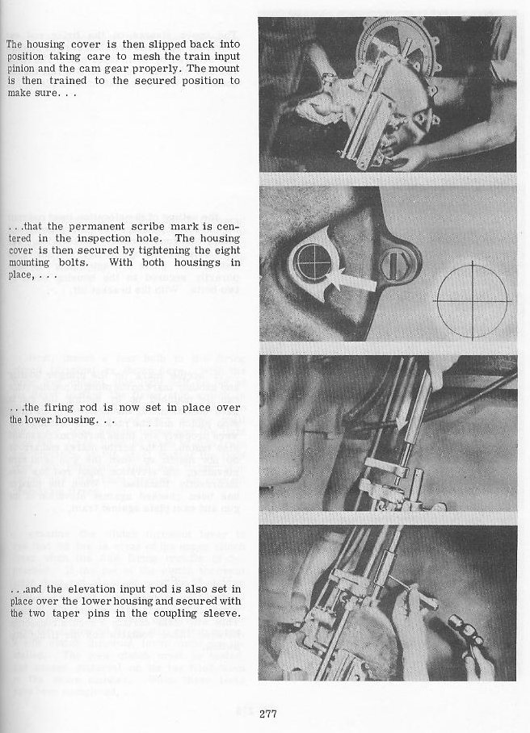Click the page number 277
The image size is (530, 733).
tap(269, 714)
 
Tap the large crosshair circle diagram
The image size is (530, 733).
tap(472, 301)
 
